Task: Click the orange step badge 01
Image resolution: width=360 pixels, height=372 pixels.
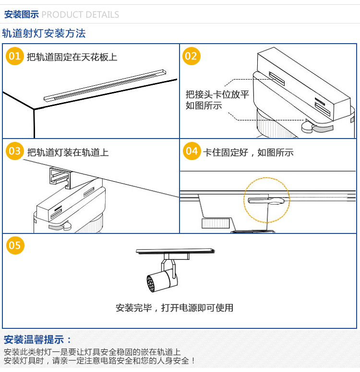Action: point(15,57)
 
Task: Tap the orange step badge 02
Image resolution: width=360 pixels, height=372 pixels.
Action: point(191,57)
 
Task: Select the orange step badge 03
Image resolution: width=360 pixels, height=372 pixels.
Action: point(15,151)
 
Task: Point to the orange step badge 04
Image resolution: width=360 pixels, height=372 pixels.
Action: point(192,151)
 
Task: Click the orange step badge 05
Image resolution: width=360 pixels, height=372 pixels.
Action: point(15,245)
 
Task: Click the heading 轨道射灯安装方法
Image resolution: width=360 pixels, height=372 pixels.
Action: point(44,34)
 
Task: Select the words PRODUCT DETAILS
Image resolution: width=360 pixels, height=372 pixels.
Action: point(80,14)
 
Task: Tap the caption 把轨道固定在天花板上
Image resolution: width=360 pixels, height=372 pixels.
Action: point(72,58)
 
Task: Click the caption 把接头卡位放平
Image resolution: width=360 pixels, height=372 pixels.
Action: point(217,94)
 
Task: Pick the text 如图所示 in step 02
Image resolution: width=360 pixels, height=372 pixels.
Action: point(204,105)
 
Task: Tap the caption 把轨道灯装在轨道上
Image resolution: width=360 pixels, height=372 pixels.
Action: point(68,152)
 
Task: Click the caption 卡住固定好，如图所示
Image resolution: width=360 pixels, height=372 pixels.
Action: point(248,152)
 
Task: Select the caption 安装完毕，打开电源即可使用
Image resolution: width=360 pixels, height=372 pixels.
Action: point(174,308)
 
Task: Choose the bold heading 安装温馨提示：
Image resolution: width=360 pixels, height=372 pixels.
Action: point(38,340)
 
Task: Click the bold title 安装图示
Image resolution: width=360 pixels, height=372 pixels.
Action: point(21,14)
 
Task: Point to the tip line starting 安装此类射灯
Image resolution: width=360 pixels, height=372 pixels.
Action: point(92,352)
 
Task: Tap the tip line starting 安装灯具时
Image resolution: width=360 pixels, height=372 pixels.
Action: point(100,361)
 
